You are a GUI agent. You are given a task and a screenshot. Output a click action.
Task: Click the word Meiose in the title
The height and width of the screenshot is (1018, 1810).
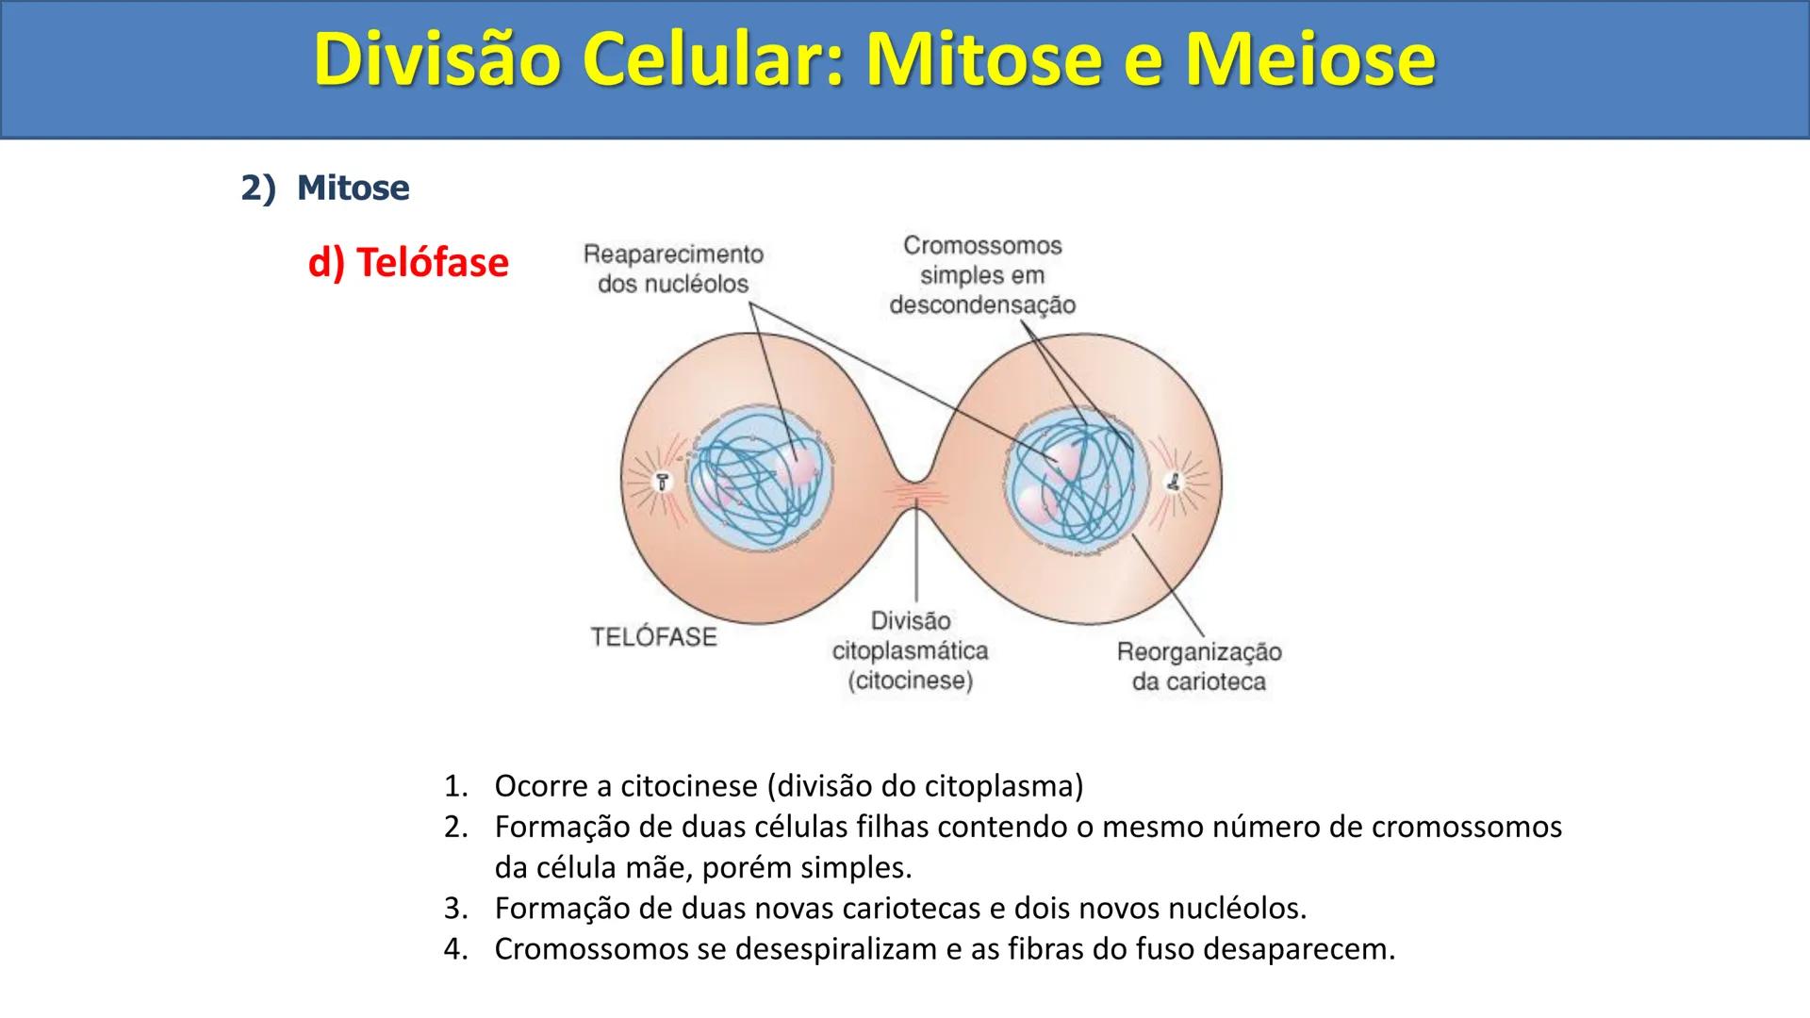coord(1310,59)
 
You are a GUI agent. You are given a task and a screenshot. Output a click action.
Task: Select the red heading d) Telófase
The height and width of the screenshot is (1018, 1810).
coord(408,262)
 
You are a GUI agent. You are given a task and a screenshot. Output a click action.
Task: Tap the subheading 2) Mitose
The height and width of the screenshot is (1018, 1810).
coord(325,188)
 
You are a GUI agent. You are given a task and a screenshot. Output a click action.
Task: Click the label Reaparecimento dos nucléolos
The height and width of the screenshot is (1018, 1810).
coord(673,269)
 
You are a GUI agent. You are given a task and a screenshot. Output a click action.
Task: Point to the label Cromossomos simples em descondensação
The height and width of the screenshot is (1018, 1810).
coord(981,275)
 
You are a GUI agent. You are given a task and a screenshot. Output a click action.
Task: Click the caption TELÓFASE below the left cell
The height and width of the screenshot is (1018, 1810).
coord(653,637)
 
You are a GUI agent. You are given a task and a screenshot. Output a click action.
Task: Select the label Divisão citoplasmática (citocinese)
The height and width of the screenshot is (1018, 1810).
coord(910,650)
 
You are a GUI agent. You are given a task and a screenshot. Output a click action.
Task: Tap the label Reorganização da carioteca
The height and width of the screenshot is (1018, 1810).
coord(1198,666)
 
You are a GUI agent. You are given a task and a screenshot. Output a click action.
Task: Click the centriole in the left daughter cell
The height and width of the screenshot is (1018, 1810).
coord(663,481)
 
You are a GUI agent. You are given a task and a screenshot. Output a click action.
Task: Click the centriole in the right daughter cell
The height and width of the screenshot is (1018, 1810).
coord(1174,482)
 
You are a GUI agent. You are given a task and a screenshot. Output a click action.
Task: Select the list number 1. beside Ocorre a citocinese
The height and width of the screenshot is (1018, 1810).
coord(455,785)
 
